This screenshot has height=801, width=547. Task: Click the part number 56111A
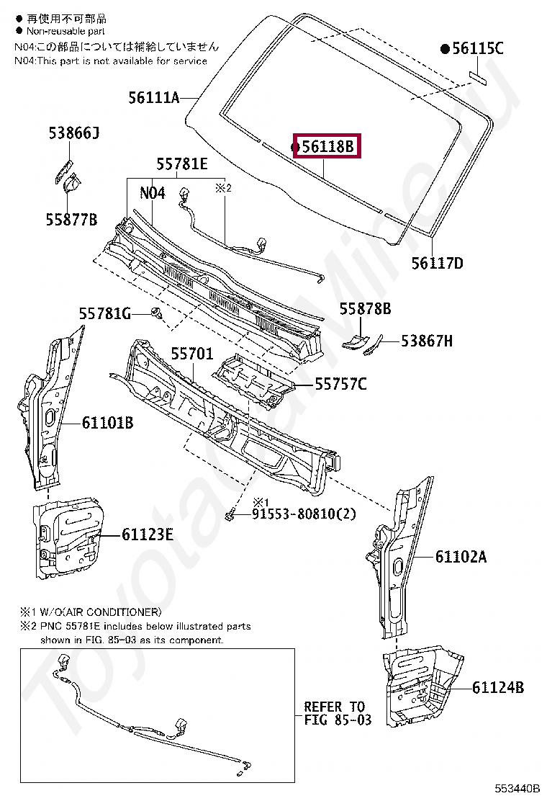point(153,97)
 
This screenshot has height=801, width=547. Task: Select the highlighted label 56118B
point(328,147)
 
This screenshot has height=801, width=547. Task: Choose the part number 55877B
point(72,220)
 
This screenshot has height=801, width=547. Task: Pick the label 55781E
point(182,165)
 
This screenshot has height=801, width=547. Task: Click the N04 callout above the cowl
point(152,192)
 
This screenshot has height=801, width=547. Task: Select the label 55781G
point(104,313)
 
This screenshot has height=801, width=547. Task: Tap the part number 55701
point(191,354)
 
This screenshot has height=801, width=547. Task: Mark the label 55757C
point(340,385)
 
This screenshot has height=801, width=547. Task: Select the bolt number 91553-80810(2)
point(304,514)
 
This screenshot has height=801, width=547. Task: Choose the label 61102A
point(461,556)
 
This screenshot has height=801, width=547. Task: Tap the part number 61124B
point(498,688)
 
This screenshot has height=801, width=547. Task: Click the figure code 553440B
point(516,789)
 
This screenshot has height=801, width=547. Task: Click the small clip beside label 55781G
point(155,313)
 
